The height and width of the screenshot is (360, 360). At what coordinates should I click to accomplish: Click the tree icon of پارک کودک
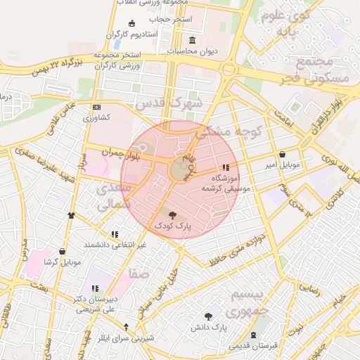[x=173, y=214]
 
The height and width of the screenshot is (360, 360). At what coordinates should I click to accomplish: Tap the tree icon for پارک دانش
[x=208, y=316]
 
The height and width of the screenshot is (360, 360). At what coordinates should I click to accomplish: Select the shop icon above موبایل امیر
[x=282, y=154]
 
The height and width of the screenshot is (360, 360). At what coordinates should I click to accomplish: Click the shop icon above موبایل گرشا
[x=63, y=251]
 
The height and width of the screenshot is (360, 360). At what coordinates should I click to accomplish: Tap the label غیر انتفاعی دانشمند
[x=115, y=244]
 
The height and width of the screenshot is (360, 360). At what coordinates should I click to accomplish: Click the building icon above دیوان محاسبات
[x=193, y=39]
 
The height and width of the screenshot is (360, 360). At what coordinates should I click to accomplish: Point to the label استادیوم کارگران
[x=134, y=34]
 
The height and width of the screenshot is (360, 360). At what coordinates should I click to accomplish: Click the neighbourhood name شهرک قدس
[x=169, y=103]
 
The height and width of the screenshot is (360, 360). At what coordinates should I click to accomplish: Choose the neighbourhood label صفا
[x=138, y=274]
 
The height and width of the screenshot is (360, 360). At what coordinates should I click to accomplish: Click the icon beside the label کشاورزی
[x=96, y=107]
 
